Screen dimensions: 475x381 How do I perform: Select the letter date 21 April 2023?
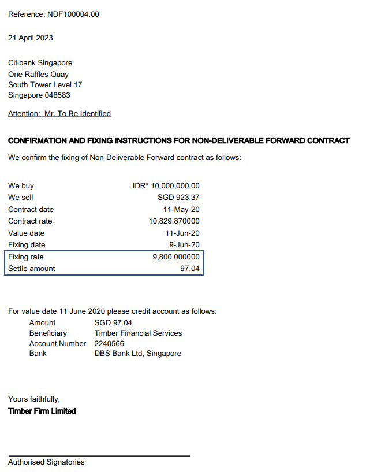coord(31,38)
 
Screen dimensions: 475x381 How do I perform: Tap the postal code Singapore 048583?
coord(39,95)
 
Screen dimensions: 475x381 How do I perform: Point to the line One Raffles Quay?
coord(38,74)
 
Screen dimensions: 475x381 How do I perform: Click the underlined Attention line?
coord(59,114)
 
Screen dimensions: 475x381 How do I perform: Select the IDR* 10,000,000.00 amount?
coord(166,186)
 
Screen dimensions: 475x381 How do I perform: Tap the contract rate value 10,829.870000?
coord(174,221)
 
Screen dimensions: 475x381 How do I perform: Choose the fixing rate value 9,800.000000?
coord(176,257)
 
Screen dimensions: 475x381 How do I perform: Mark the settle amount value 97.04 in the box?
coord(190,269)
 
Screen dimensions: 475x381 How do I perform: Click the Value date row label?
coord(26,233)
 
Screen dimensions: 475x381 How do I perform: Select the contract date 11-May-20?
coord(181,210)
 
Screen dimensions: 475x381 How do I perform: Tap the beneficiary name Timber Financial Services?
coord(138,333)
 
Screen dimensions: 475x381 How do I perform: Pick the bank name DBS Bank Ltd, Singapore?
coord(137,353)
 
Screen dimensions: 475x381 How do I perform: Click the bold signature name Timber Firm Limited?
coord(42,411)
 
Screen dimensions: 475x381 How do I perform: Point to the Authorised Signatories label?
coord(46,462)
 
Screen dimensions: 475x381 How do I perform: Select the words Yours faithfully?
coord(34,399)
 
